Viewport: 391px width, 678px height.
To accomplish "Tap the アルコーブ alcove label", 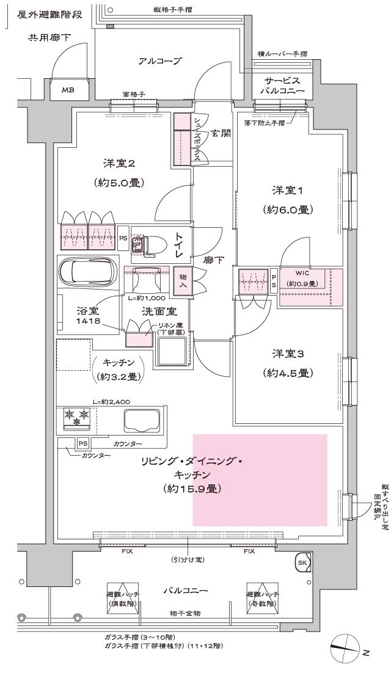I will pos(161,61).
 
